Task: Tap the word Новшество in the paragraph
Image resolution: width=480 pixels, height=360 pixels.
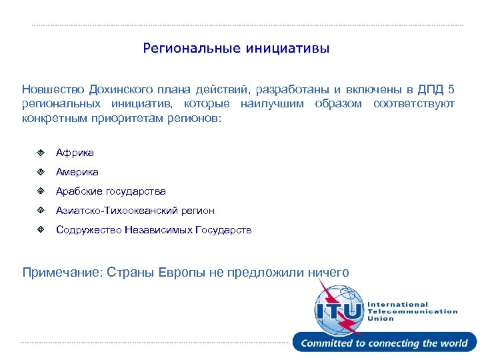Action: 54,89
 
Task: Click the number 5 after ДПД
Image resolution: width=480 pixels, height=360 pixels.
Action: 451,89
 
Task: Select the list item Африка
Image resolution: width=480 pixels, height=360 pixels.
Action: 75,153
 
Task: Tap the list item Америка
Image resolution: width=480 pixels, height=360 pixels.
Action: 77,172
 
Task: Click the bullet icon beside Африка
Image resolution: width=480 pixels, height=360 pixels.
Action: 41,153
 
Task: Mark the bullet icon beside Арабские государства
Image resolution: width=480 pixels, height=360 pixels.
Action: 41,191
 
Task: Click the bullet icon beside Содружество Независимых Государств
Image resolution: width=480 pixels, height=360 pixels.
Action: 41,230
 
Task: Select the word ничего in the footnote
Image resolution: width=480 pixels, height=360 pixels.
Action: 328,272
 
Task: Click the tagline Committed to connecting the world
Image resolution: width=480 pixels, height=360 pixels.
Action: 385,343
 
